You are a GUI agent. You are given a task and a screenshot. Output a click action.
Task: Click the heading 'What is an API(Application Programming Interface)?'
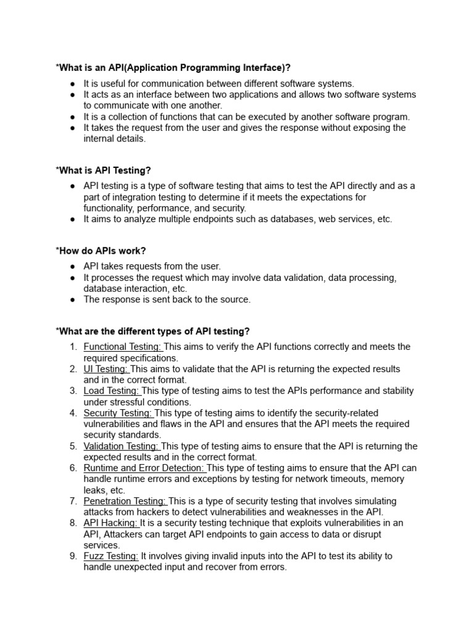[x=173, y=67]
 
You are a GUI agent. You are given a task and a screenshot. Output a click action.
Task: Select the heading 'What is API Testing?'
[x=103, y=170]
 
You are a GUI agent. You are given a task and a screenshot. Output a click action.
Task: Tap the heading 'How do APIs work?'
[x=101, y=251]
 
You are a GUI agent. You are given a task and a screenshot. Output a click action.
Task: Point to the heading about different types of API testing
[x=152, y=331]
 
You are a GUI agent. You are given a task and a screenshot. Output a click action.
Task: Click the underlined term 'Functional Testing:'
[x=123, y=347]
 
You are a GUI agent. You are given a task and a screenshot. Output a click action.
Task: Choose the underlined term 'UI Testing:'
[x=106, y=369]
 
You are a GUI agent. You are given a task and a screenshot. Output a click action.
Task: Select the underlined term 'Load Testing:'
[x=112, y=391]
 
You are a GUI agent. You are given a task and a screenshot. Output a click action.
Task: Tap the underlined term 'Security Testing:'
[x=118, y=413]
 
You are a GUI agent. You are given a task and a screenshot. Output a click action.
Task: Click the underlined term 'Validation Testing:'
[x=122, y=446]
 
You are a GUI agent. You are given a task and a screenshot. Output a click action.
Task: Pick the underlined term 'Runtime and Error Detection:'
[x=144, y=468]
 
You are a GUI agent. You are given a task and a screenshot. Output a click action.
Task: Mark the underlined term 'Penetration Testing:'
[x=125, y=501]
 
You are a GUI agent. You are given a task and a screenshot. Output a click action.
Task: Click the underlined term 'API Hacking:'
[x=111, y=523]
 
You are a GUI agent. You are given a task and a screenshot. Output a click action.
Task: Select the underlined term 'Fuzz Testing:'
[x=111, y=556]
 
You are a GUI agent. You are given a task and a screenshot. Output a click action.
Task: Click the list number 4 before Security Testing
[x=73, y=413]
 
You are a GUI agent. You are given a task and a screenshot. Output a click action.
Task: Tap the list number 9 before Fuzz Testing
[x=73, y=556]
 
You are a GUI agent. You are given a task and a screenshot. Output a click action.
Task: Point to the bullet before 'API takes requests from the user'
[x=73, y=267]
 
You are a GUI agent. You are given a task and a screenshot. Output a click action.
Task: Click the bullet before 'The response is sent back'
[x=73, y=300]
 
